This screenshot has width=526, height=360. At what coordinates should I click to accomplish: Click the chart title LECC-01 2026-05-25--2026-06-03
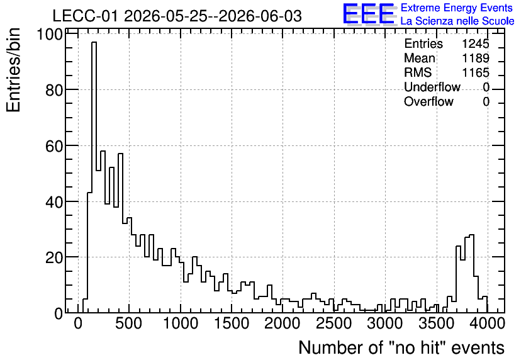(x=177, y=16)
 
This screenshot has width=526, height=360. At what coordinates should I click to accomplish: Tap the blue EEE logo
(x=369, y=14)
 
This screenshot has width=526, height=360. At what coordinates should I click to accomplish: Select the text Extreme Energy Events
(x=457, y=8)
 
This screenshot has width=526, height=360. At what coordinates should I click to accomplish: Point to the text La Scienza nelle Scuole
(x=457, y=21)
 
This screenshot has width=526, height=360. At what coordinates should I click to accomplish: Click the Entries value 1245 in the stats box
(x=475, y=43)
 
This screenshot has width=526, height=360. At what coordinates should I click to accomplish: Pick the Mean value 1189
(x=475, y=58)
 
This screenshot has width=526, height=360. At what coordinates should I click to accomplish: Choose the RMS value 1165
(x=475, y=72)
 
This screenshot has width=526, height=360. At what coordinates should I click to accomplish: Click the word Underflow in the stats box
(x=432, y=87)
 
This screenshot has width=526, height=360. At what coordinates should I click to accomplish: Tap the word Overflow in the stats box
(x=428, y=101)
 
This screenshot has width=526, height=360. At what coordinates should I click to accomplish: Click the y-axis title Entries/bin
(x=13, y=70)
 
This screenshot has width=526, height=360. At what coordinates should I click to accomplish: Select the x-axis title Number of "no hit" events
(x=401, y=347)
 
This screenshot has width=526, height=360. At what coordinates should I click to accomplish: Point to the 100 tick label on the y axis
(x=50, y=34)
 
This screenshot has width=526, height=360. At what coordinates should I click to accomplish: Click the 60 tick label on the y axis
(x=54, y=146)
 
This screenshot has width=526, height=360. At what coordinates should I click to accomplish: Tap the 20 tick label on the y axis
(x=54, y=257)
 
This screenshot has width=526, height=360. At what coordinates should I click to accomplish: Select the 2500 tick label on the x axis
(x=333, y=323)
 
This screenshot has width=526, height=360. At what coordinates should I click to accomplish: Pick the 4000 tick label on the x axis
(x=487, y=323)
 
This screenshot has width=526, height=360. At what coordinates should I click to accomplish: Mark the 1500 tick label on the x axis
(x=232, y=323)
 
